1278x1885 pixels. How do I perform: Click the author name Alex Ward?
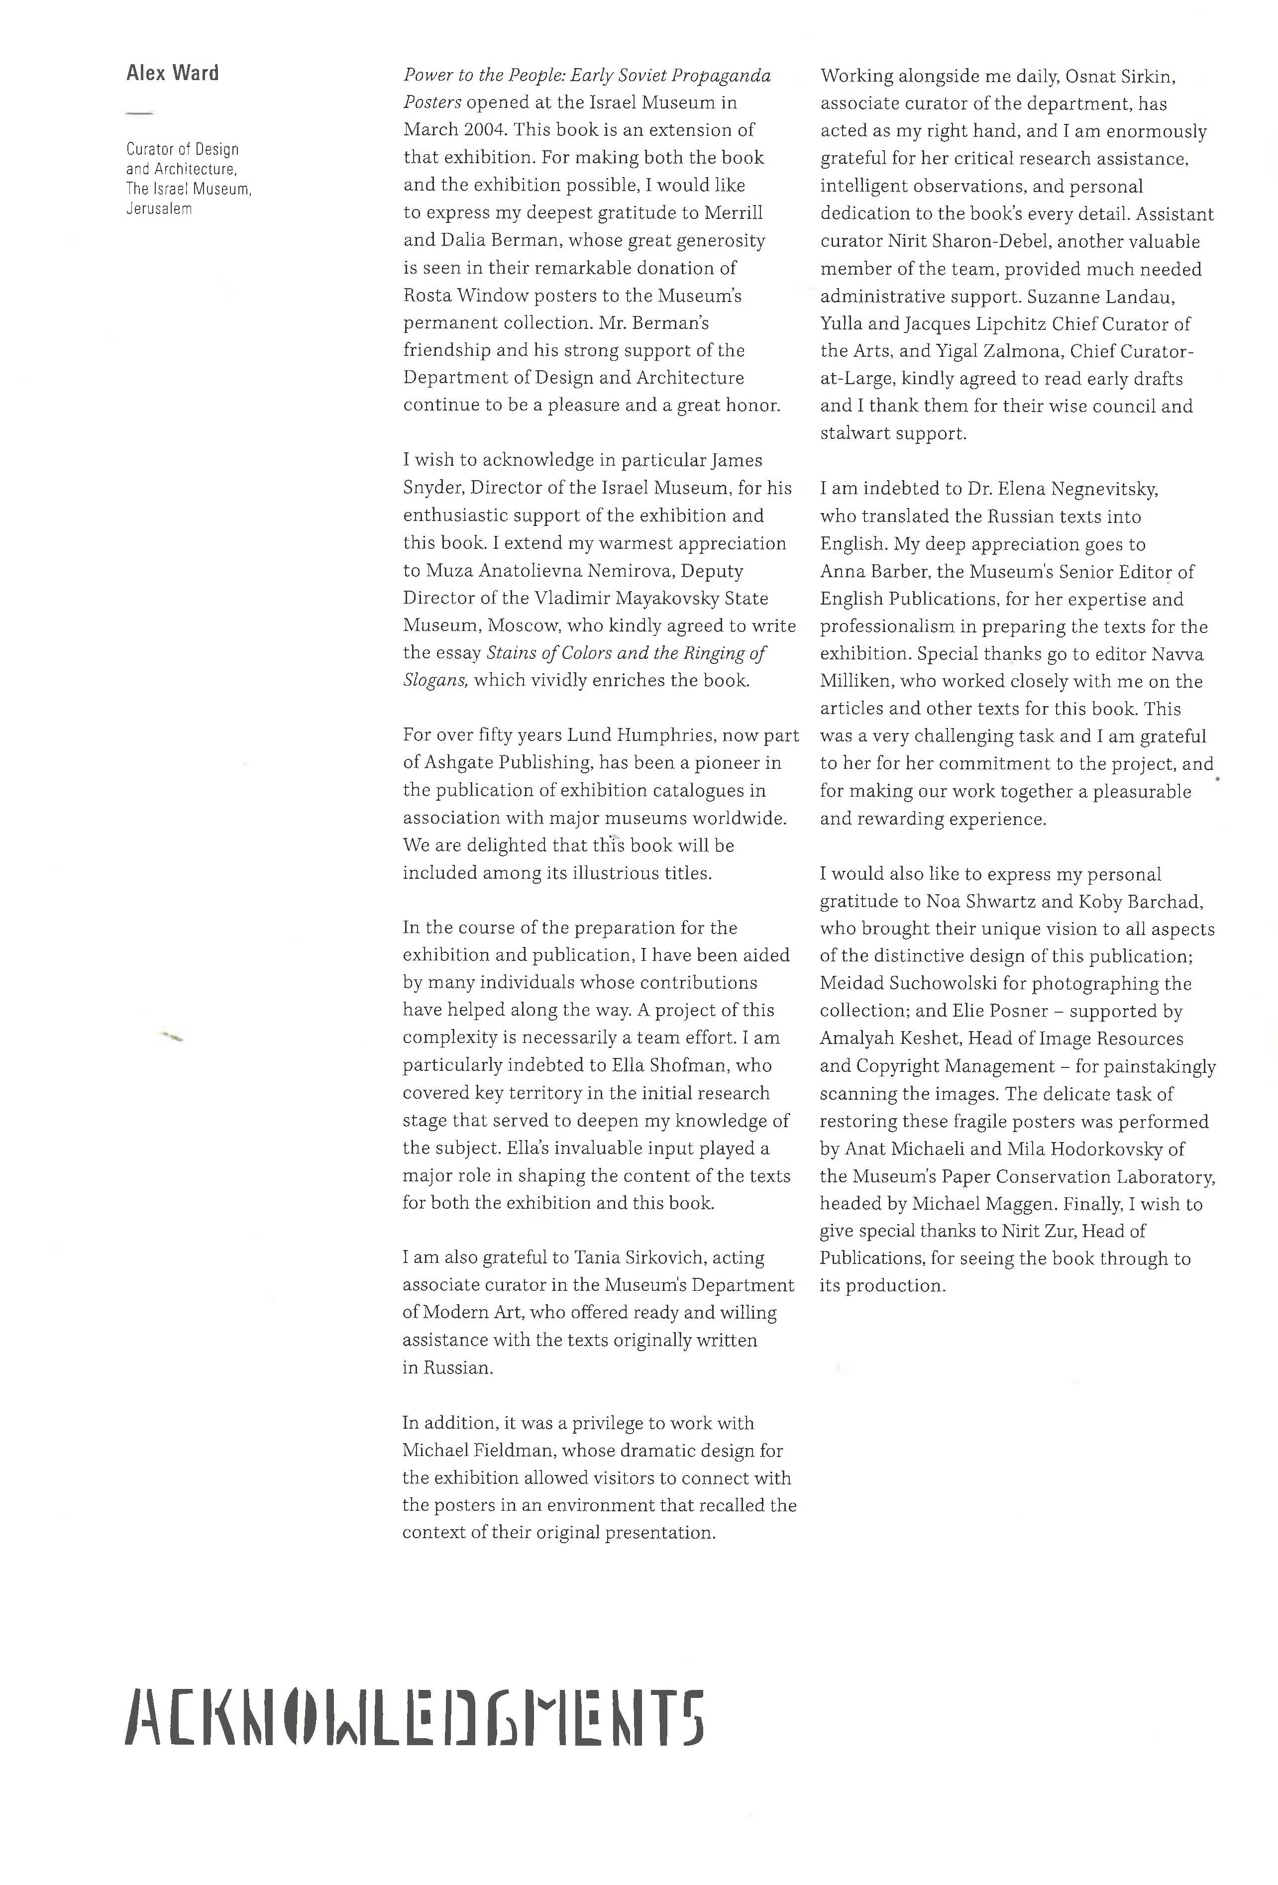pyautogui.click(x=172, y=74)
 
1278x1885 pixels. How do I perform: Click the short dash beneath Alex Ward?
pyautogui.click(x=139, y=113)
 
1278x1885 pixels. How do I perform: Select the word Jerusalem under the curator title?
pyautogui.click(x=159, y=209)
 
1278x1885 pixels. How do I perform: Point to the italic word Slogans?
pyautogui.click(x=434, y=681)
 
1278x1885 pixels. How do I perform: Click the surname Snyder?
pyautogui.click(x=432, y=488)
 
